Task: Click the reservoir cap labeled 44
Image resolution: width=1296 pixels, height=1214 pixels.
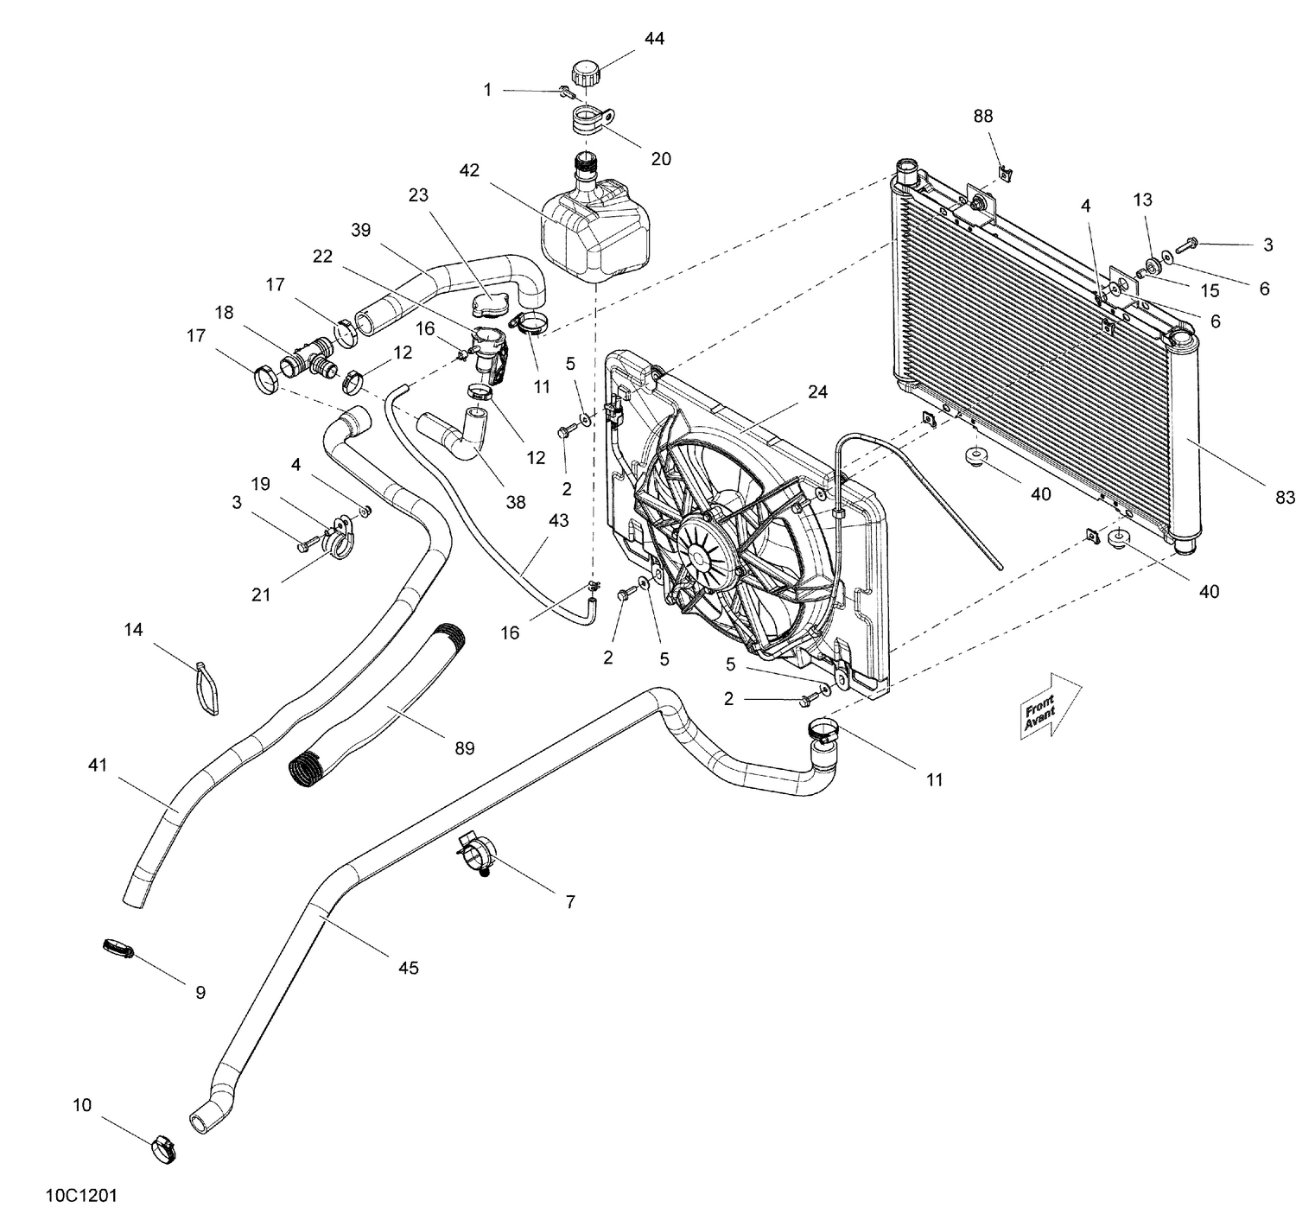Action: pos(585,73)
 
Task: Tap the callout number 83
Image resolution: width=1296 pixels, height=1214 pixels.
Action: pos(1286,497)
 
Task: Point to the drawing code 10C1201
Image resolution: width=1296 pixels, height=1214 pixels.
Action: pos(82,1196)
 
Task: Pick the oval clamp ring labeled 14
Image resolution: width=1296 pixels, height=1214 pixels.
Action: pos(206,689)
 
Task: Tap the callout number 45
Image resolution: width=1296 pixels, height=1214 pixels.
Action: pos(408,968)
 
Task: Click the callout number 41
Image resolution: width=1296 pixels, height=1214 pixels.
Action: pos(98,765)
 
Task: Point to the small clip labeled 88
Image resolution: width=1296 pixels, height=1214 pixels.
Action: pos(1004,172)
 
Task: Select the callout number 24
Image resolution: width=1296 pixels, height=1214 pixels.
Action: pos(817,392)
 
